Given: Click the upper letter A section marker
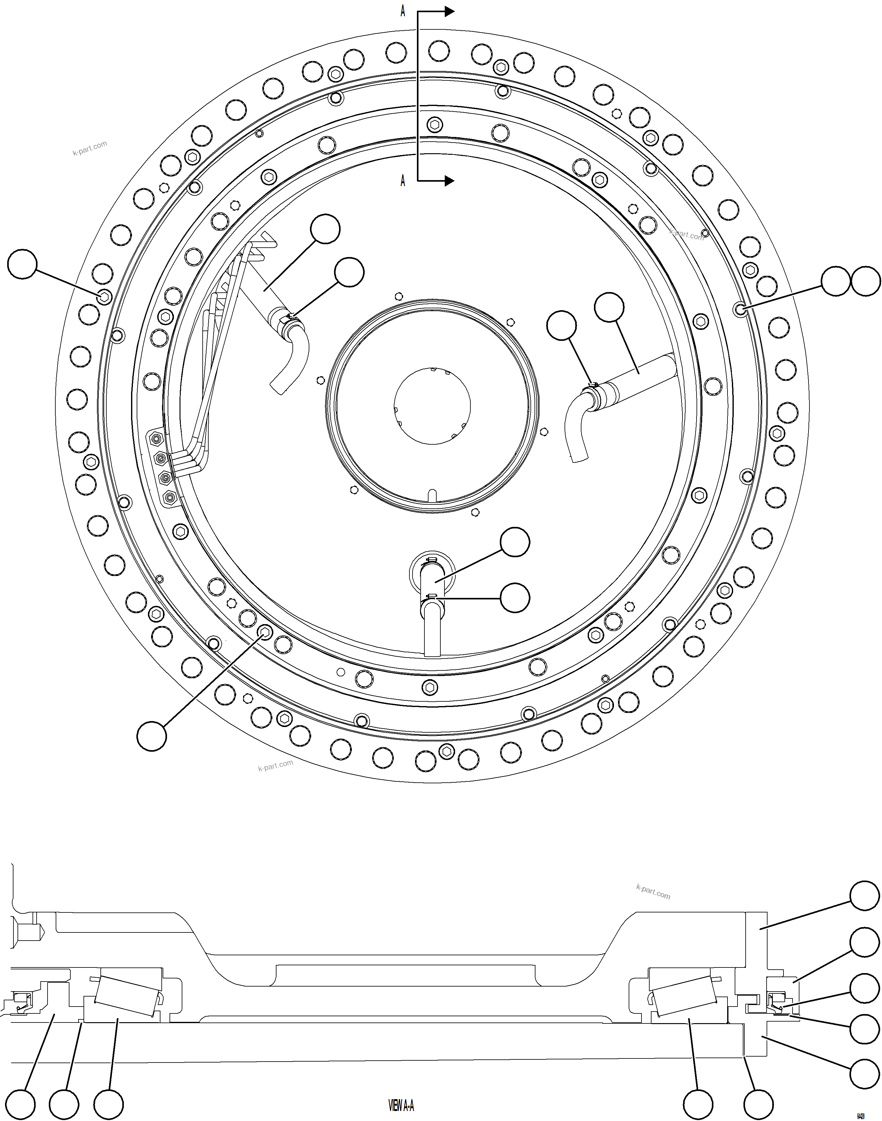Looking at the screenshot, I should pos(403,11).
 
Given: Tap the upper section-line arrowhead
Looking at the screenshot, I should pos(449,11).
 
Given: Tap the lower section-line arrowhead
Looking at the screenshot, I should pos(449,181).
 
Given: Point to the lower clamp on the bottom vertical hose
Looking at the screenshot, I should pos(432,598).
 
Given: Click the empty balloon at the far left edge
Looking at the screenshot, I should pos(22,264).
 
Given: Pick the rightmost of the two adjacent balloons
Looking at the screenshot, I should pos(865,281).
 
